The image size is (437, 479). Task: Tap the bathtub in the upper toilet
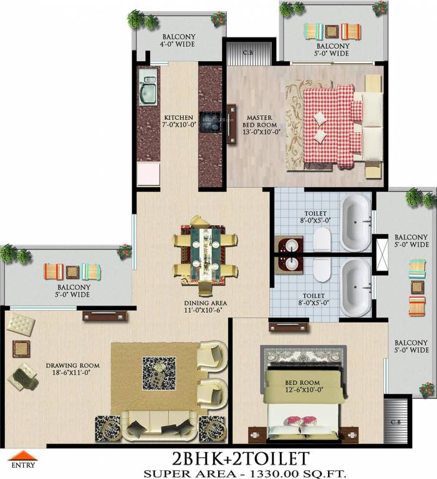(x=356, y=221)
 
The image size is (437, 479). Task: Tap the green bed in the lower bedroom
(x=304, y=393)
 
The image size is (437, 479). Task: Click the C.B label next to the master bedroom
(x=247, y=52)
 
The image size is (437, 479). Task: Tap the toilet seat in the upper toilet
(x=322, y=239)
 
